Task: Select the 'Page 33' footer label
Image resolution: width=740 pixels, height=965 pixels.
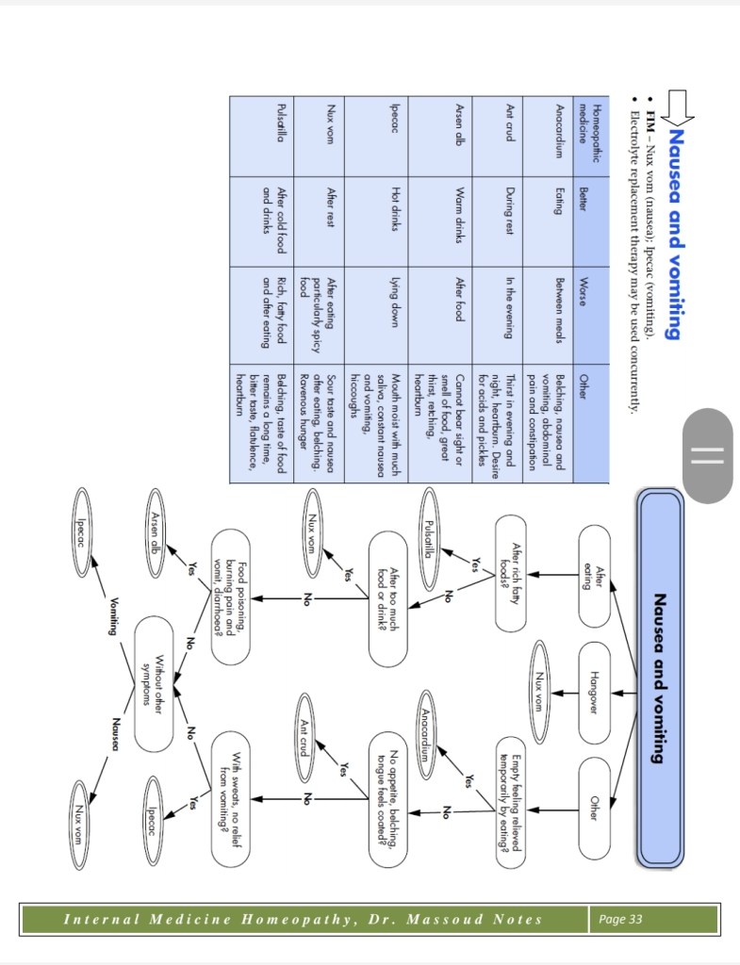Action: [x=621, y=919]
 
